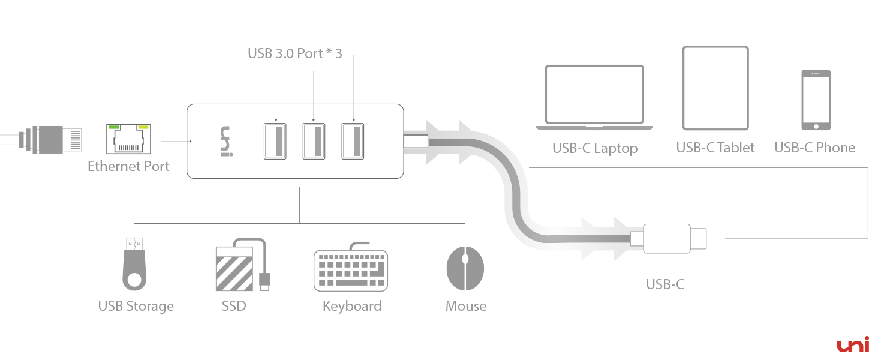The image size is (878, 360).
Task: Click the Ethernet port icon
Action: pyautogui.click(x=128, y=139)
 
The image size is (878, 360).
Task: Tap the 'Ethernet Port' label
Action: pyautogui.click(x=128, y=166)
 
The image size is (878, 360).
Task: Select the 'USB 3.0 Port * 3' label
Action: pyautogui.click(x=294, y=53)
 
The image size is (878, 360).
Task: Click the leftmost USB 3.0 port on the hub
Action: pyautogui.click(x=275, y=141)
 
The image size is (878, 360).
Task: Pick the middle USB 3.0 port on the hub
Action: pyautogui.click(x=314, y=141)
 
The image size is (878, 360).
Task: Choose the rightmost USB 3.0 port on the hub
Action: pyautogui.click(x=353, y=141)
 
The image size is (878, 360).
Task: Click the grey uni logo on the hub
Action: pyautogui.click(x=225, y=142)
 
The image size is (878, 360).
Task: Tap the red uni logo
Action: pyautogui.click(x=853, y=345)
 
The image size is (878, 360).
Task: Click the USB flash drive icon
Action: pyautogui.click(x=134, y=264)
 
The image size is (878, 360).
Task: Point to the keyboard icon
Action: pyautogui.click(x=351, y=269)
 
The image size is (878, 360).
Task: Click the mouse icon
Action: pyautogui.click(x=465, y=268)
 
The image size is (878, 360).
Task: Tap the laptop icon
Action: pyautogui.click(x=594, y=97)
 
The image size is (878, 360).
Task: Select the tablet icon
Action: pyautogui.click(x=715, y=88)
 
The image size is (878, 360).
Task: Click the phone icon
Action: pyautogui.click(x=816, y=100)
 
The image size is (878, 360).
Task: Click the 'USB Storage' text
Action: pyautogui.click(x=136, y=306)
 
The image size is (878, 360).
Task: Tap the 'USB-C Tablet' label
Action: pyautogui.click(x=715, y=148)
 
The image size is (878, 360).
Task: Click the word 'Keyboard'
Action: pyautogui.click(x=351, y=306)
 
